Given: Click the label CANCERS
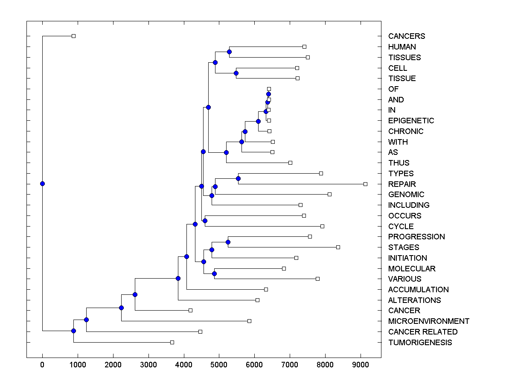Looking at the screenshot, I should (x=406, y=36).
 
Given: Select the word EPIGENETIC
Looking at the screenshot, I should (x=411, y=121).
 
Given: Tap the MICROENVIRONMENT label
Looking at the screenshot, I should (x=428, y=321).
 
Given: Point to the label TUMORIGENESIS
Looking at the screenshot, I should (x=420, y=342).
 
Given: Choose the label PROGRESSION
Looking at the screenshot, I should (x=416, y=237).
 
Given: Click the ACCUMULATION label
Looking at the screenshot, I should (x=418, y=290).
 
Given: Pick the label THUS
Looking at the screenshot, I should (x=399, y=163).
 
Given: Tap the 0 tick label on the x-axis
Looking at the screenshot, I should (x=42, y=365).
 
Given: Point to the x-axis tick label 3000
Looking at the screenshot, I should (x=148, y=365).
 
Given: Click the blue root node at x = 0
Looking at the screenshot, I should (x=42, y=184).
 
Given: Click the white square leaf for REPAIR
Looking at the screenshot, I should (x=365, y=184).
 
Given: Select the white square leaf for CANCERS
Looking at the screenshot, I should (x=73, y=36).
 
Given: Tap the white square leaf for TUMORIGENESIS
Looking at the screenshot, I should (x=172, y=342).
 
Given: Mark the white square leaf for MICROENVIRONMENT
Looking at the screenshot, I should (x=249, y=321).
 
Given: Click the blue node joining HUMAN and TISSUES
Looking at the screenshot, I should (x=229, y=52).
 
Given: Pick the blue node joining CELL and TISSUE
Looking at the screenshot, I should (x=236, y=73).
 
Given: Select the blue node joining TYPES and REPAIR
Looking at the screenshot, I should (x=238, y=178).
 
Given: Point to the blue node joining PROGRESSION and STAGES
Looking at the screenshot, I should (x=228, y=242).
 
